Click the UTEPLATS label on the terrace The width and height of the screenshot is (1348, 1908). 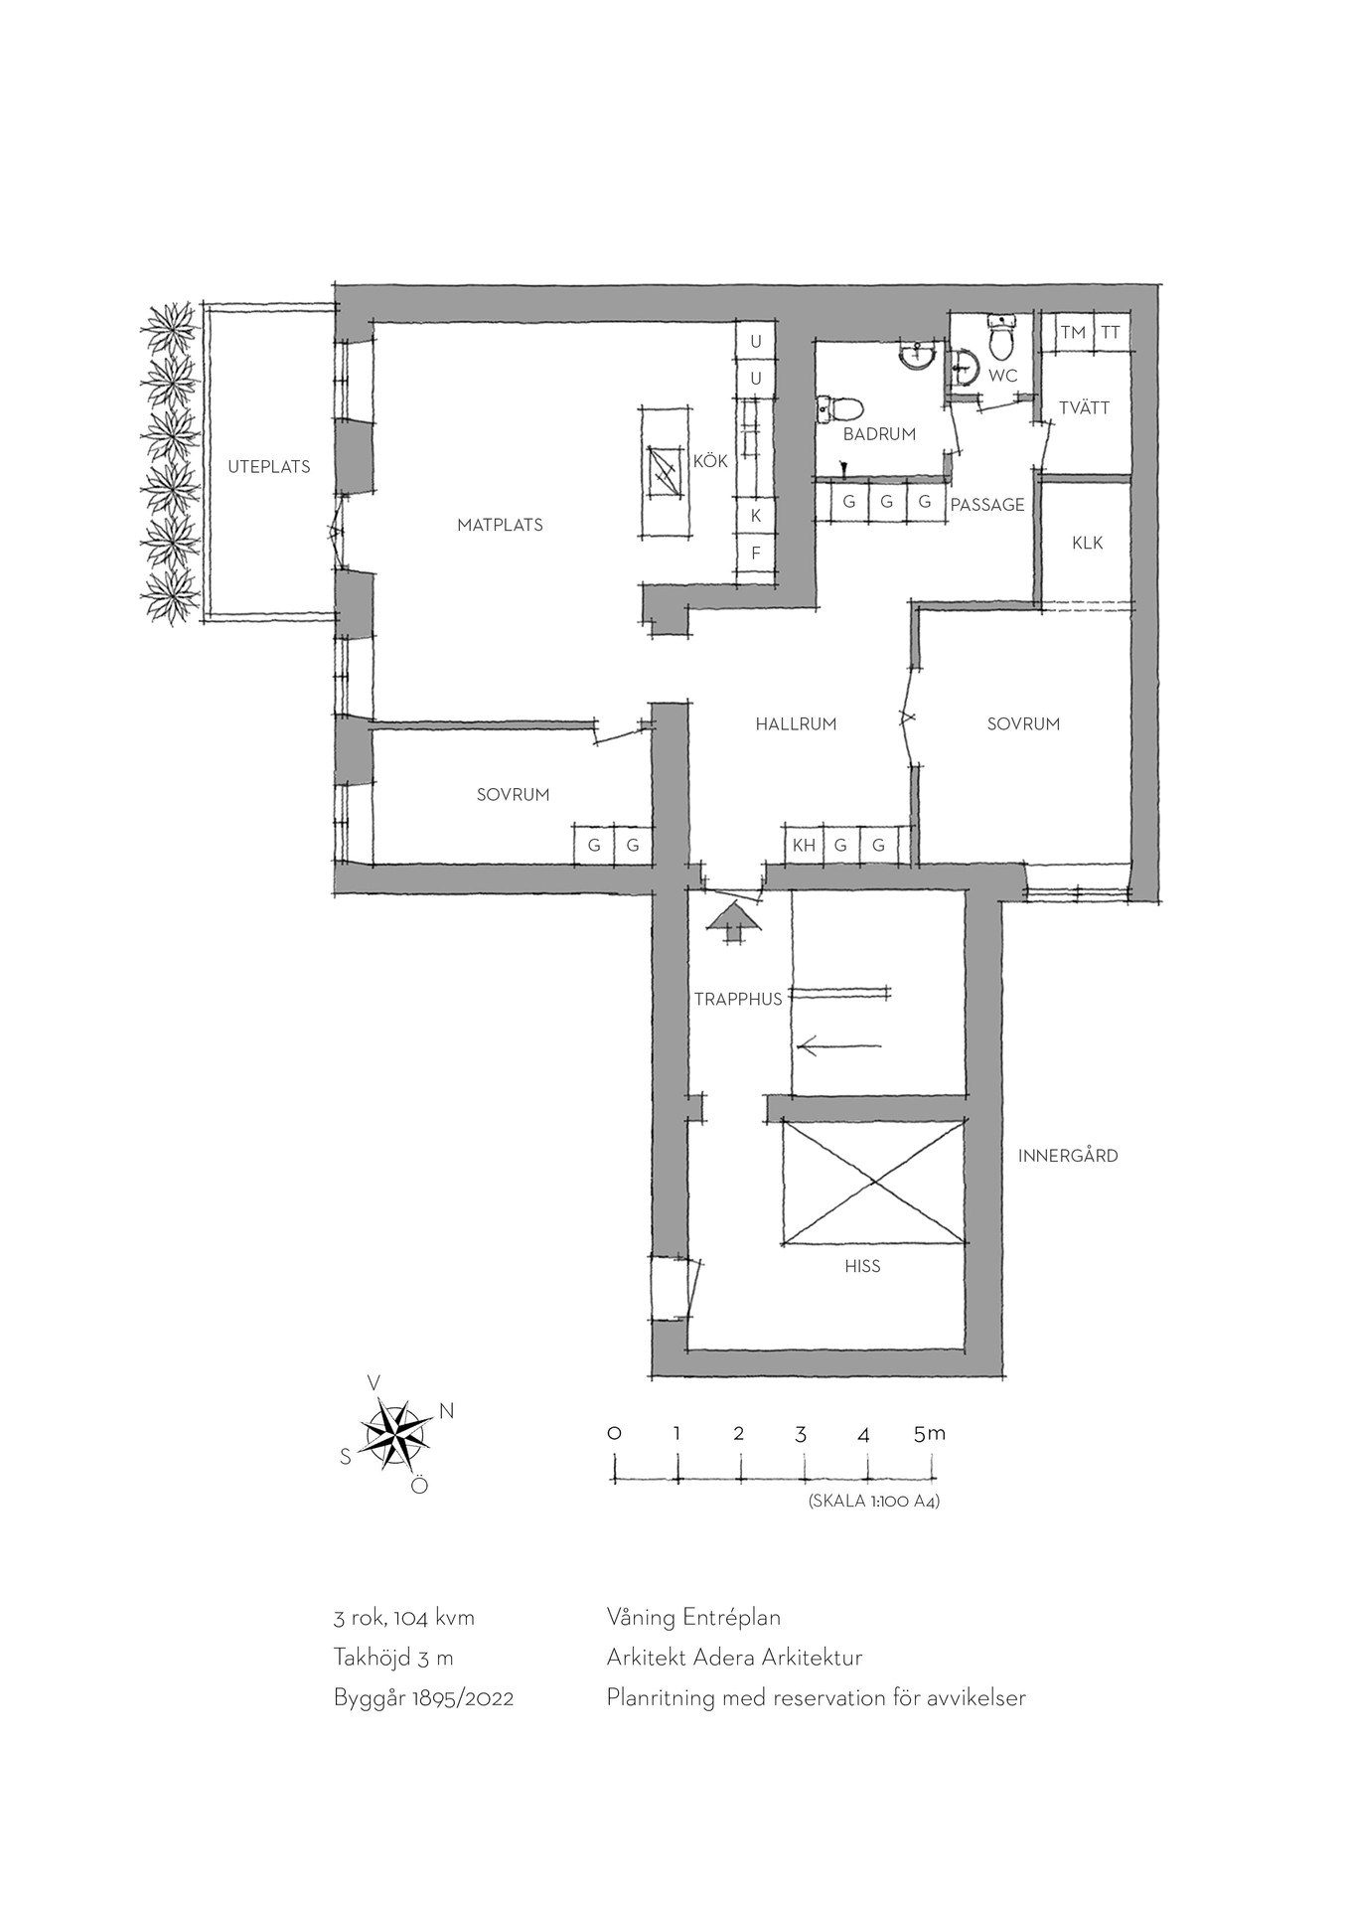click(268, 466)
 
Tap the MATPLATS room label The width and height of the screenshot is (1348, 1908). click(500, 525)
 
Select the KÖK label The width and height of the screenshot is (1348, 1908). click(710, 461)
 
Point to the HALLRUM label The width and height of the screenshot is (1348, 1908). click(796, 724)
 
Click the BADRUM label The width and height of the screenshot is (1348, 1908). click(879, 434)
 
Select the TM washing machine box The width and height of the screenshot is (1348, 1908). click(1073, 333)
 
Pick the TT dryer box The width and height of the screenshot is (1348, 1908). click(1111, 333)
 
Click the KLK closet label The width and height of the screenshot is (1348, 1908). click(1087, 544)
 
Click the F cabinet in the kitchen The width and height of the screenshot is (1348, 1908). click(755, 553)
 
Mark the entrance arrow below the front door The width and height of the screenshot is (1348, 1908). click(733, 922)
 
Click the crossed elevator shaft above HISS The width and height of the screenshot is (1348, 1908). click(873, 1181)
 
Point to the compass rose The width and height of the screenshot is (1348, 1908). click(395, 1434)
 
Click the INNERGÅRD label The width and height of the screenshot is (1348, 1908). click(1068, 1156)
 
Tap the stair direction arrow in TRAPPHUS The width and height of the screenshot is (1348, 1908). click(839, 1045)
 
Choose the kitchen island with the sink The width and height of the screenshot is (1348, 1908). click(665, 473)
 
